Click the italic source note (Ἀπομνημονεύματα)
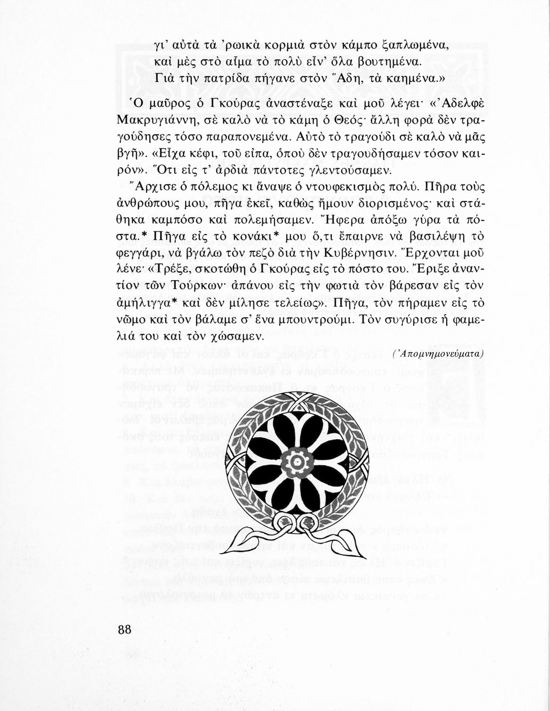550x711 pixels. [x=438, y=354]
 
